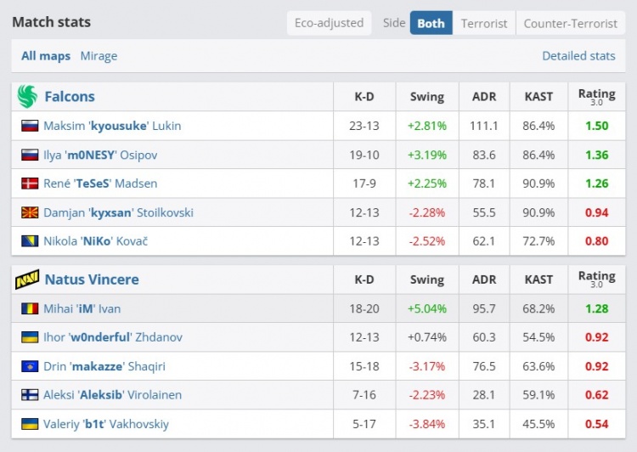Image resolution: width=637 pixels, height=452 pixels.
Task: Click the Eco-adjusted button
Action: (x=329, y=23)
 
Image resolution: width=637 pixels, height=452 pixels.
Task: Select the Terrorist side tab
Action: (x=483, y=23)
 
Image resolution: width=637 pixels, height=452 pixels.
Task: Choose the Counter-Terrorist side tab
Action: (x=569, y=23)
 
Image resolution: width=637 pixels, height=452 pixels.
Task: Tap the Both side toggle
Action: (x=431, y=23)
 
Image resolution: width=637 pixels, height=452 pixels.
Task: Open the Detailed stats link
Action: (x=578, y=56)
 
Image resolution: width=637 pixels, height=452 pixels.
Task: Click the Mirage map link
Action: (x=99, y=56)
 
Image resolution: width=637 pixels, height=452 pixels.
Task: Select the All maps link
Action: (x=46, y=56)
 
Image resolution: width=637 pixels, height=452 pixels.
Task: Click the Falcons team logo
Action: (x=27, y=97)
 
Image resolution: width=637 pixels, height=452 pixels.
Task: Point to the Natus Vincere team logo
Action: (x=27, y=280)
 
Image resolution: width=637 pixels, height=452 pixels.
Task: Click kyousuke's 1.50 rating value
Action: (x=596, y=126)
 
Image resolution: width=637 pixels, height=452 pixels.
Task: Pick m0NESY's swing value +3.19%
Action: (x=426, y=155)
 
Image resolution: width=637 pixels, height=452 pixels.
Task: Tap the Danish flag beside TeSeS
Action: (x=30, y=184)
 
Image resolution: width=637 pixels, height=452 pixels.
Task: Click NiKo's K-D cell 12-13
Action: (x=364, y=241)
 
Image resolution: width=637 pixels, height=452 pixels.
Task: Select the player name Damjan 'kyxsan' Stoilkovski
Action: (x=118, y=212)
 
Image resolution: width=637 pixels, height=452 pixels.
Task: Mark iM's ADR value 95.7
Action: (x=484, y=308)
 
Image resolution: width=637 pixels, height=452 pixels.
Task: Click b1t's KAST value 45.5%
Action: (x=539, y=424)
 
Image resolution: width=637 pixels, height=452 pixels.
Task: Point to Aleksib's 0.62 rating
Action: (x=596, y=395)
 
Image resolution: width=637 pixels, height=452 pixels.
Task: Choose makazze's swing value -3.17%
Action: (x=426, y=366)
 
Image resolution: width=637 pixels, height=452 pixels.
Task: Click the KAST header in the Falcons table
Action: (x=539, y=97)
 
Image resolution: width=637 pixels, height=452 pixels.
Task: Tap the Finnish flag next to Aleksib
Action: (x=30, y=395)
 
